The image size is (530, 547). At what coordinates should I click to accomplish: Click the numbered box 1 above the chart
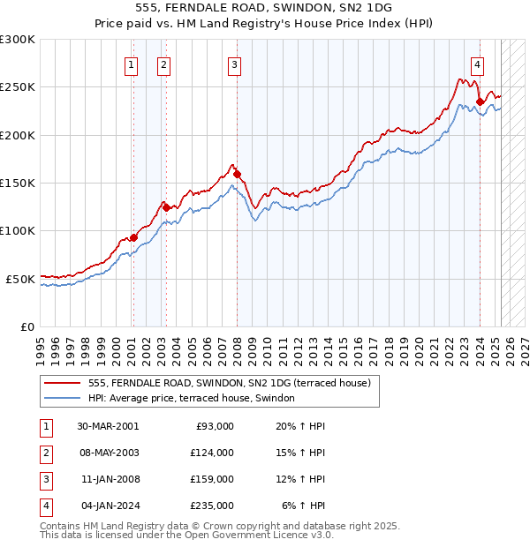click(131, 64)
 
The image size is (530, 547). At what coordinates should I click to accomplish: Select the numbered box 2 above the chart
click(164, 64)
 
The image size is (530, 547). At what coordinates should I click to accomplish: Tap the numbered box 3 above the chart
click(234, 64)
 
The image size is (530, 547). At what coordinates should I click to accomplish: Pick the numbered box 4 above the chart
click(477, 64)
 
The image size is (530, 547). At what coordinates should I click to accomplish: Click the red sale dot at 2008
click(237, 174)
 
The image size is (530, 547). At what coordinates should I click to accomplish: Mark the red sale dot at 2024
click(480, 101)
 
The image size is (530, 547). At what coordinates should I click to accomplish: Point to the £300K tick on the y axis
click(18, 40)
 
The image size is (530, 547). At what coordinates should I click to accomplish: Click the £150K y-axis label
click(18, 183)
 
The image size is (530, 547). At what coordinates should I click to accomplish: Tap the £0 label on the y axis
click(26, 326)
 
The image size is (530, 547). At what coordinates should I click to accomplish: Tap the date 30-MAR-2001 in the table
click(108, 426)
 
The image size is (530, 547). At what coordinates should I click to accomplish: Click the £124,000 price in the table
click(211, 453)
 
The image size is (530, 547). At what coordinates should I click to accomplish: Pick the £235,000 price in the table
click(211, 506)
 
